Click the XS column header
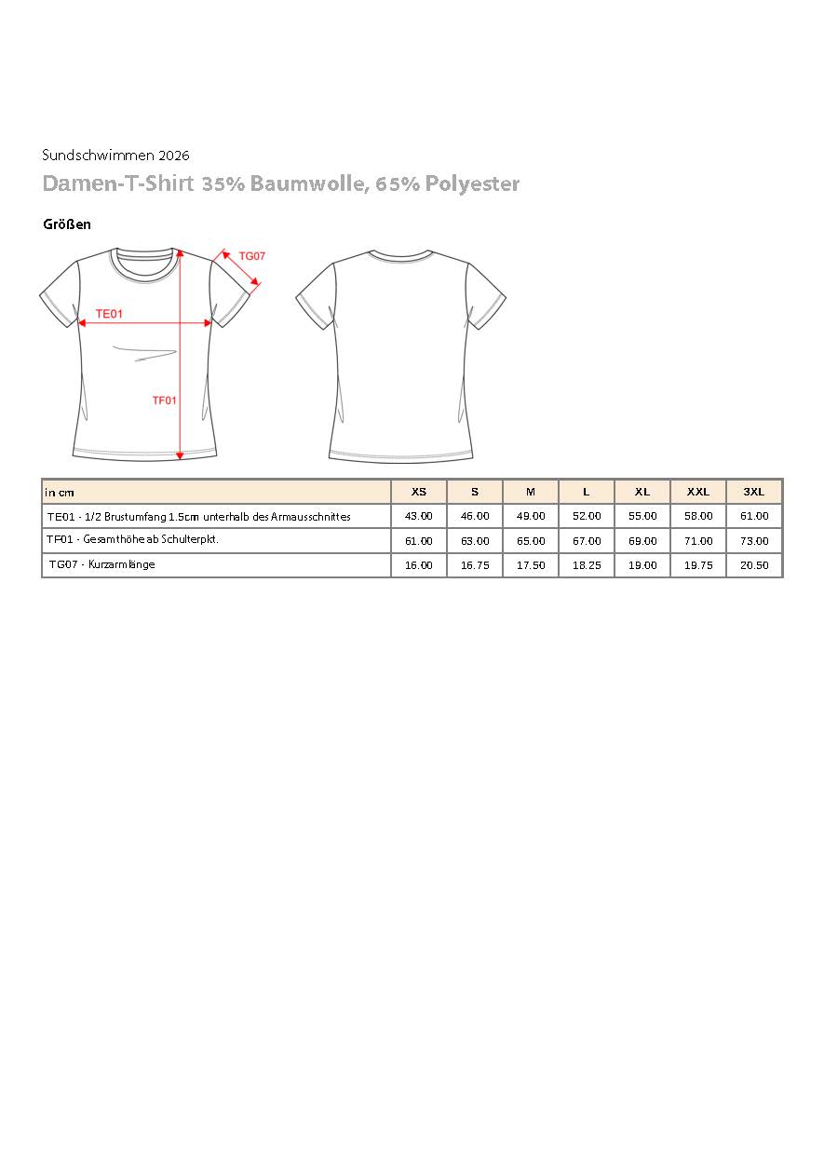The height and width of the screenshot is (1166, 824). point(419,492)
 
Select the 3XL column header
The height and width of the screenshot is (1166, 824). point(754,492)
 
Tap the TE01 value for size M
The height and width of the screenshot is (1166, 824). point(531,516)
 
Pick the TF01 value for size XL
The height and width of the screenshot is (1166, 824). point(642,541)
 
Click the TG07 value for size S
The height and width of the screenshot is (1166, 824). point(475,565)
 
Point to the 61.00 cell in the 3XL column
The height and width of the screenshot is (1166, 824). point(754,516)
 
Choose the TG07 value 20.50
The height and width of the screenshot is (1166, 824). point(754,565)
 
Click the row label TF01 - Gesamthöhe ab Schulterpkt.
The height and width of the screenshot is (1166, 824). point(132,540)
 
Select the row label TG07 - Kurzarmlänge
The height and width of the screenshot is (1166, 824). point(102,564)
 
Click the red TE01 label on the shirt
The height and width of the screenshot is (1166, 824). point(110,314)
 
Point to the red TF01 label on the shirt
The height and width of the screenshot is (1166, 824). point(165,400)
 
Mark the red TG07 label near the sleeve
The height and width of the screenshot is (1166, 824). point(252,255)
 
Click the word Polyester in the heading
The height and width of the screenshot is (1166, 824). point(472,184)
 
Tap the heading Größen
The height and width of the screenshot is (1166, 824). point(67,224)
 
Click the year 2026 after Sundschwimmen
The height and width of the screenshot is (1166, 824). point(174,156)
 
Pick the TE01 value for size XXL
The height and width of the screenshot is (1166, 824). point(698,516)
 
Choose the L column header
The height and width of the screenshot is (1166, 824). point(587,492)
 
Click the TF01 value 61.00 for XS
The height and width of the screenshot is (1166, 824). point(419,541)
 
